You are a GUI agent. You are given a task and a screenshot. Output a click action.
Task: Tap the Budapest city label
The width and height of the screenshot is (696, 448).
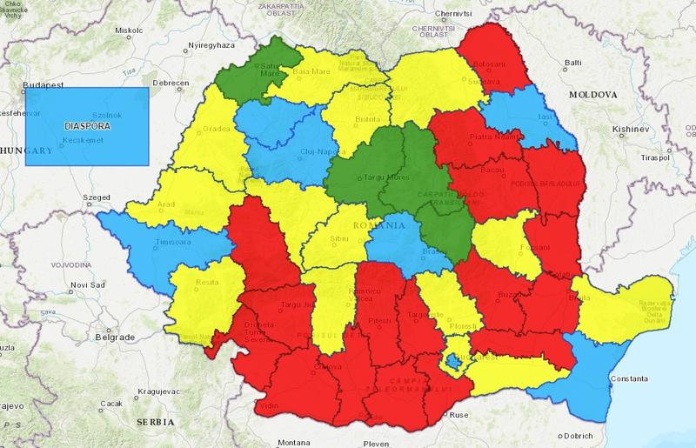(41, 85)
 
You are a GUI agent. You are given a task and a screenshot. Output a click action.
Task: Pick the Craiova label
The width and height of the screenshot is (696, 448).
(327, 367)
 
